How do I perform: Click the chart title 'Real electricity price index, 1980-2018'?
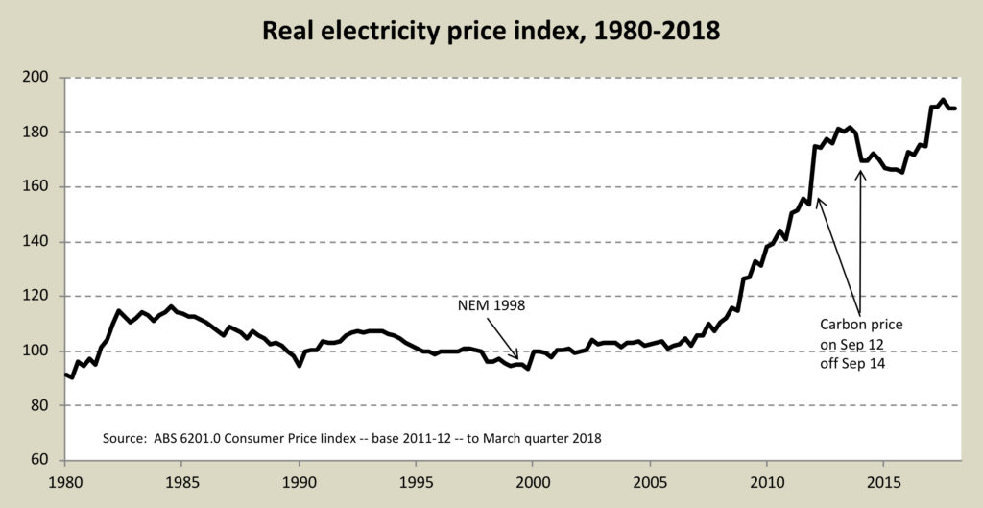pos(491,31)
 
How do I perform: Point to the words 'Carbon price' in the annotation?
pos(861,325)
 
